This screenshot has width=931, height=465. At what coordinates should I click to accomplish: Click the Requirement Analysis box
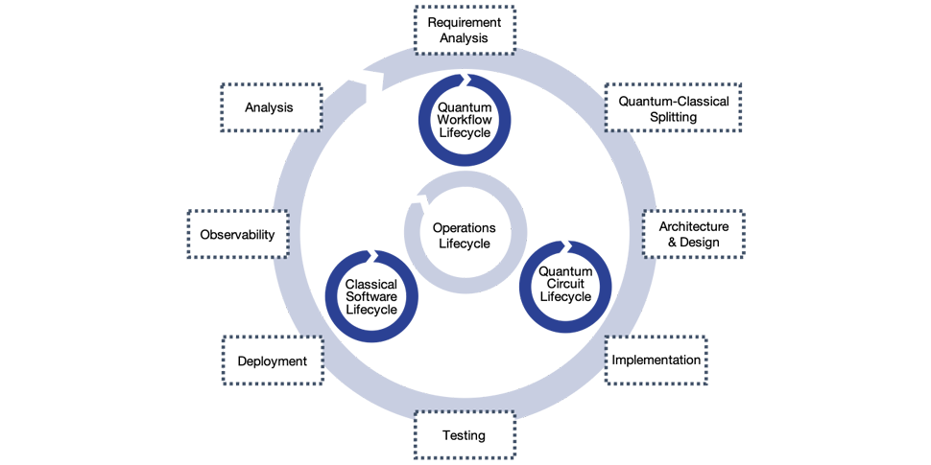[465, 30]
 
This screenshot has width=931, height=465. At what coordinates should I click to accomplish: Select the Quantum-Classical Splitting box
[674, 108]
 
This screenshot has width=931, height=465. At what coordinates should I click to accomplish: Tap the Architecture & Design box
[693, 234]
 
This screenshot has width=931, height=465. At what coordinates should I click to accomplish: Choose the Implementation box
[656, 360]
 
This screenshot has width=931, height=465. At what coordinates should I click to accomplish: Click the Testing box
[465, 435]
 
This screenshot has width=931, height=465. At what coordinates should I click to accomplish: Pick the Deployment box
[272, 361]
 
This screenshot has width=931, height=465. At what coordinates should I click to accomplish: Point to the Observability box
[237, 235]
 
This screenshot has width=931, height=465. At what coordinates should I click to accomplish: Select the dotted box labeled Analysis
[269, 107]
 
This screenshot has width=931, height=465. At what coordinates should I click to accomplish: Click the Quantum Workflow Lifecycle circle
[465, 120]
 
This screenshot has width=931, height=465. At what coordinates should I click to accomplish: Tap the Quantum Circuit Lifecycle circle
[565, 284]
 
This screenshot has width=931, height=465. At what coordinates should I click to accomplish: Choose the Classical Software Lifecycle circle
[371, 296]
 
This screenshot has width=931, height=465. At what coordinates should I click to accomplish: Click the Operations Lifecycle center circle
[465, 235]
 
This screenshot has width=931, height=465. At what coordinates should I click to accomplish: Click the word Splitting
[673, 117]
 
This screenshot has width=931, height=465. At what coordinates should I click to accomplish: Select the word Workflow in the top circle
[465, 120]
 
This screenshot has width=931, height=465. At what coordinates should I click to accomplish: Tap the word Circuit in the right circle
[565, 284]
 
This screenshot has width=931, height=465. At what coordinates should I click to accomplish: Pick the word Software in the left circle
[371, 296]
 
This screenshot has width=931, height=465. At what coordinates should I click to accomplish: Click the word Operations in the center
[465, 228]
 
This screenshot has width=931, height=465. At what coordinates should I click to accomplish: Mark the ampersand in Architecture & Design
[673, 243]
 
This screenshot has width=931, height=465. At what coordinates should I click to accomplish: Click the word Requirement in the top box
[465, 22]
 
